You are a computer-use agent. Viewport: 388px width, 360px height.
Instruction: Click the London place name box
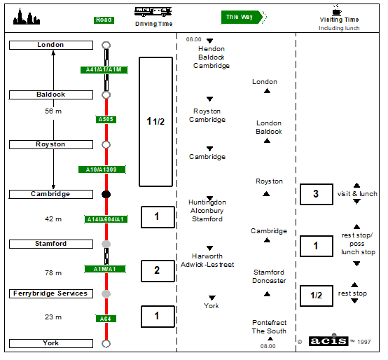[x=51, y=45]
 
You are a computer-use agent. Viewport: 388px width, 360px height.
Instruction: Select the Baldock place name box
[x=51, y=95]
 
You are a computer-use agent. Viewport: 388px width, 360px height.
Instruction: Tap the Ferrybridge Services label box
[x=51, y=293]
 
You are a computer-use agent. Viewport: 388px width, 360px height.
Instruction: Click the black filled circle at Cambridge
[x=106, y=195]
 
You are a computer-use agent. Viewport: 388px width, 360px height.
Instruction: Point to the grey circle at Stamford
[x=106, y=244]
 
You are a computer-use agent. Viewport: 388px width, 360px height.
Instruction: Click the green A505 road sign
[x=106, y=120]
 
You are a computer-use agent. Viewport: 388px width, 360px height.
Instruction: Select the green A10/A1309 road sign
[x=102, y=169]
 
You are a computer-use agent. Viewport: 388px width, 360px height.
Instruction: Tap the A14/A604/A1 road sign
[x=106, y=219]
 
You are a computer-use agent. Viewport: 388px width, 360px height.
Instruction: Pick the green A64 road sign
[x=106, y=319]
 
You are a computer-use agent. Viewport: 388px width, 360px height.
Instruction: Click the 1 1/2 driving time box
[x=156, y=122]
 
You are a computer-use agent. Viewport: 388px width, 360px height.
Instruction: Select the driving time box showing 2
[x=158, y=271]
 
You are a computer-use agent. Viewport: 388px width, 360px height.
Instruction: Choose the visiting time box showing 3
[x=317, y=194]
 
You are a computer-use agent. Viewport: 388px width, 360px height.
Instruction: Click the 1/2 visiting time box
[x=317, y=296]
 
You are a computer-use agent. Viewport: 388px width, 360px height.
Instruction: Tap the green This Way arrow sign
[x=244, y=17]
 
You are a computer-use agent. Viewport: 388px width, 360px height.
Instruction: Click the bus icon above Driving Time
[x=153, y=12]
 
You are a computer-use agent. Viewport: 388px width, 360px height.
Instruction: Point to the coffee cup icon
[x=337, y=10]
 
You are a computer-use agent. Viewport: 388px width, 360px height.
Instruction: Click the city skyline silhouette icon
[x=27, y=16]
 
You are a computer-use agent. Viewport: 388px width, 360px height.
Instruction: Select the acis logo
[x=328, y=341]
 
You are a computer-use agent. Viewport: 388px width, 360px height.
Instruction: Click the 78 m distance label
[x=53, y=273]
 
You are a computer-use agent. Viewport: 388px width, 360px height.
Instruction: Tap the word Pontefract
[x=269, y=323]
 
